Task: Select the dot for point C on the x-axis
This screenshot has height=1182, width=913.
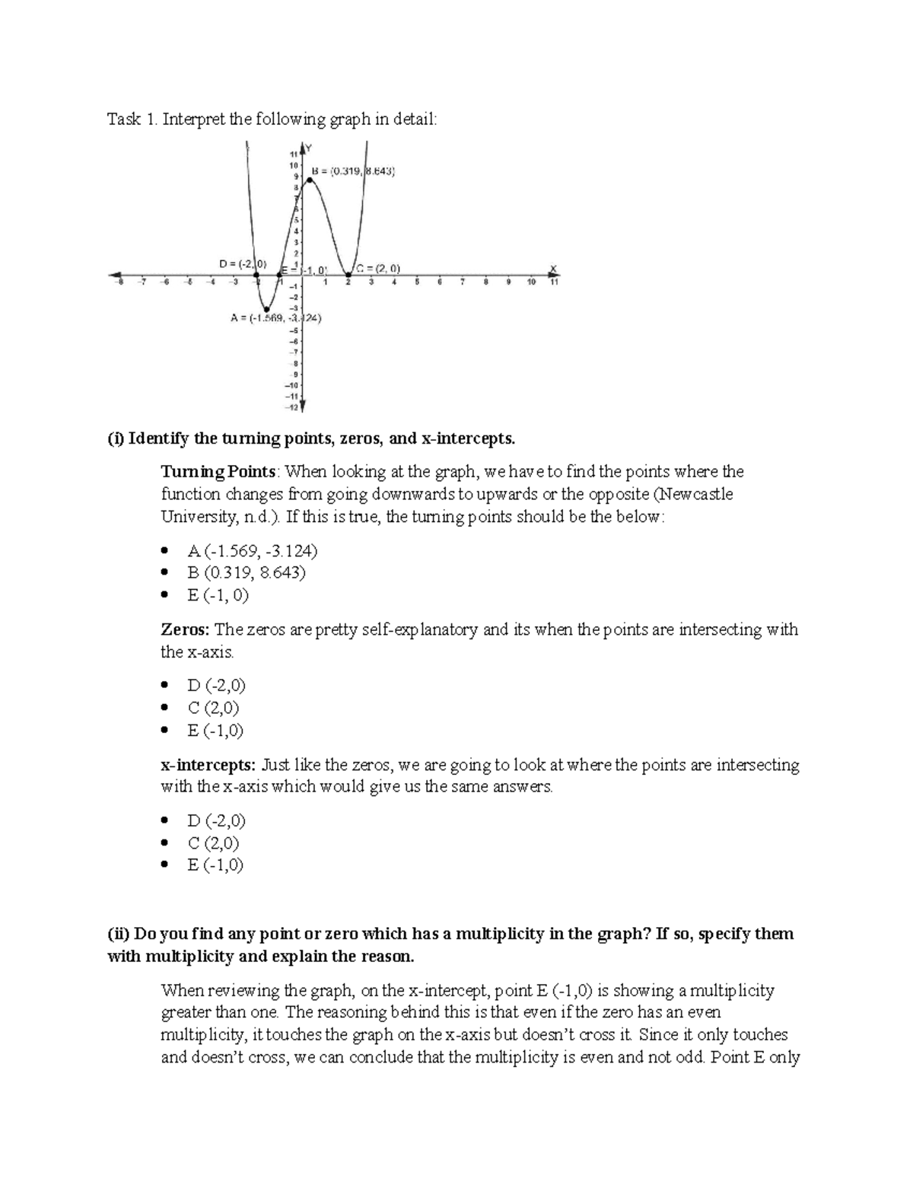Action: click(348, 275)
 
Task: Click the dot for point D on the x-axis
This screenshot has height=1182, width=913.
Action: click(257, 275)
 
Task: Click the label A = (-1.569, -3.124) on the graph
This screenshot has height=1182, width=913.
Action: click(275, 319)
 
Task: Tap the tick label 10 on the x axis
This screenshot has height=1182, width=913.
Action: click(531, 282)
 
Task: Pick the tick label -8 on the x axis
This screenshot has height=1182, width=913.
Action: click(119, 282)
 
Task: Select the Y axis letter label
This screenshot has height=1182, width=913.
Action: click(308, 147)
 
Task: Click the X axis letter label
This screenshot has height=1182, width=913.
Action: click(554, 268)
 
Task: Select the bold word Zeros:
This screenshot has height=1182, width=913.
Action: click(185, 629)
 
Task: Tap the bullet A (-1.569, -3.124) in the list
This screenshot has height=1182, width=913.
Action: click(252, 550)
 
